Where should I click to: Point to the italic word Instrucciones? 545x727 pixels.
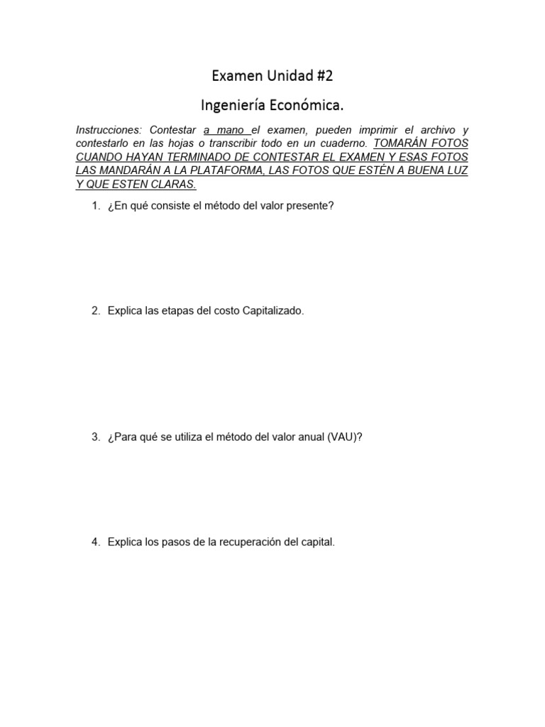(x=109, y=131)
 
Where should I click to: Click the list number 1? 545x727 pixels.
(x=95, y=207)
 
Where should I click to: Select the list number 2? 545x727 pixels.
(x=95, y=312)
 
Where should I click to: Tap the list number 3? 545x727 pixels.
(x=95, y=437)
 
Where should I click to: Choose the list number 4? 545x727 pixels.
(x=95, y=542)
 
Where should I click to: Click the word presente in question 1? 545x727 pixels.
(x=310, y=207)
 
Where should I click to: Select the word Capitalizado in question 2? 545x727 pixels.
(x=273, y=312)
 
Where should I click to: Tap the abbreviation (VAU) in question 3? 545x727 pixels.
(x=344, y=437)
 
